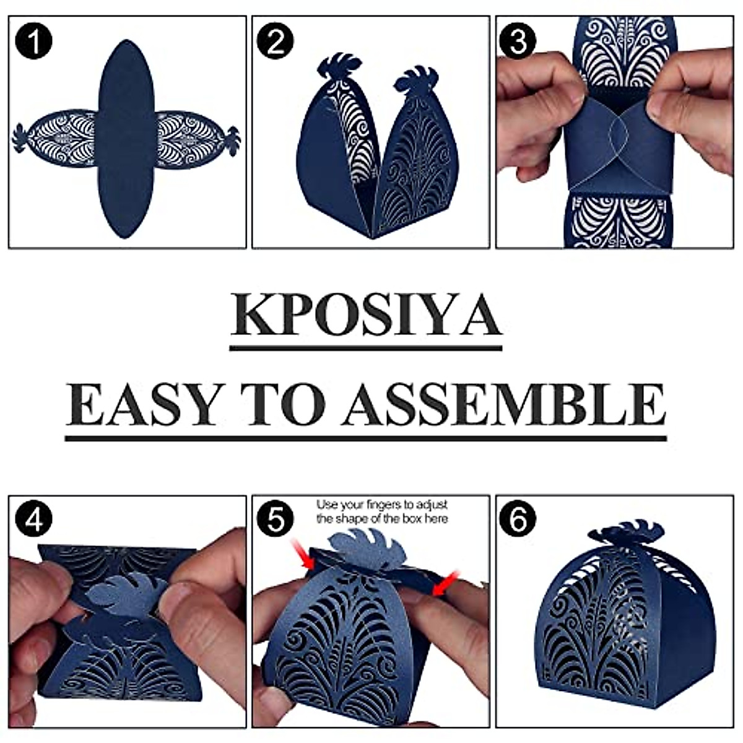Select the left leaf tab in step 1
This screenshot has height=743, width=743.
click(20, 137)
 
